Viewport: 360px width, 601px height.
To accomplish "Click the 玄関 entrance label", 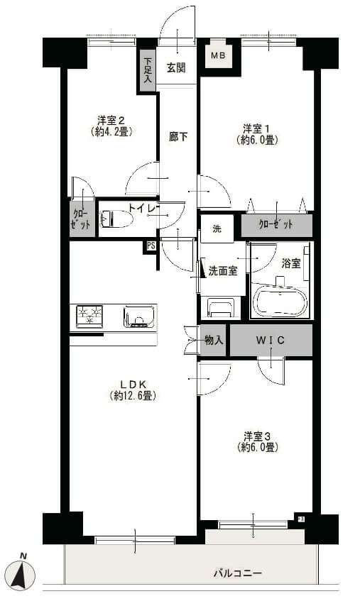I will [x=176, y=68].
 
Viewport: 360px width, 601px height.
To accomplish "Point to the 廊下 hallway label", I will [x=178, y=136].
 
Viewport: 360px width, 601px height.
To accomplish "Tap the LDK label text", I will [x=132, y=385].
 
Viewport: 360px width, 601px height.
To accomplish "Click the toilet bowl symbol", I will [x=118, y=220].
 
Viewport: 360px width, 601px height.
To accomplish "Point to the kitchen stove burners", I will [x=89, y=315].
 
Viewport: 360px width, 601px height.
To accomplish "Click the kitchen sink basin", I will [x=139, y=315].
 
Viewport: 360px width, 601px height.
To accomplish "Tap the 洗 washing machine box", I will [x=217, y=229].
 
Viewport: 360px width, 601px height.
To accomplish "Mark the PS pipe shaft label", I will [x=151, y=246].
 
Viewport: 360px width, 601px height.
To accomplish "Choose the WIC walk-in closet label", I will [x=271, y=341].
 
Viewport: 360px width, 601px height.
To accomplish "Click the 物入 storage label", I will [x=213, y=341].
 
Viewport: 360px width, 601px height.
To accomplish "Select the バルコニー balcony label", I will [x=238, y=573].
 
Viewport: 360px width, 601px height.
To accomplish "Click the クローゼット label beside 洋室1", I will [x=276, y=225].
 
